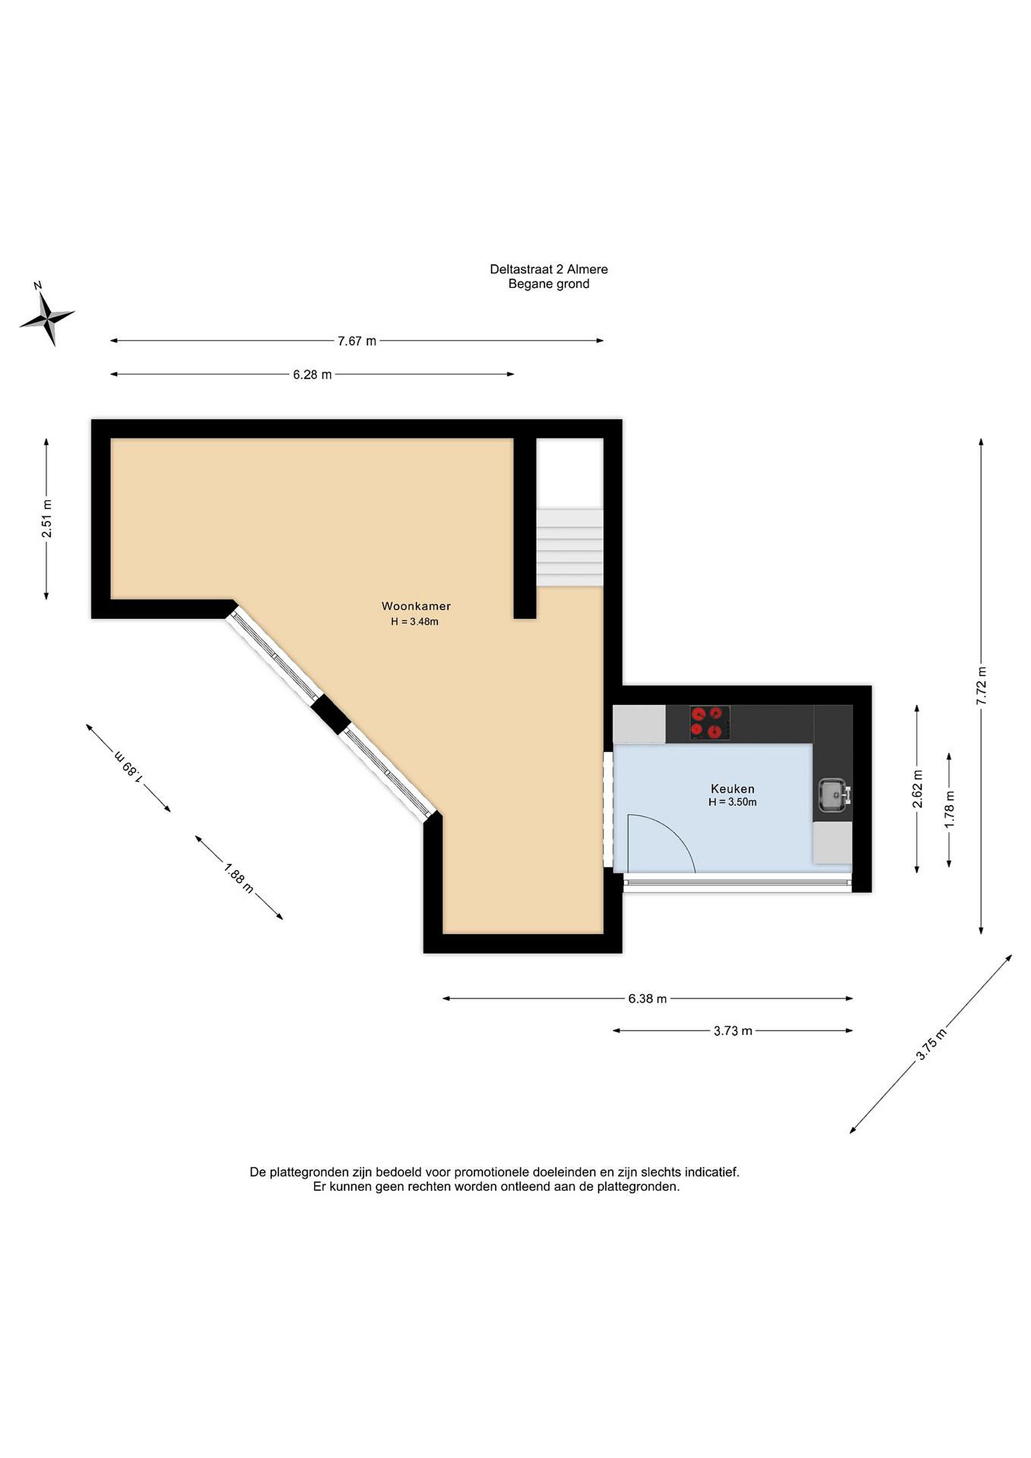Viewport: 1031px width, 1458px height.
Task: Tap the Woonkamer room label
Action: tap(416, 606)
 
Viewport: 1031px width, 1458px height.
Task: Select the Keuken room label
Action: tap(732, 789)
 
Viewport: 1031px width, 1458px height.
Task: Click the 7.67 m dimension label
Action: tap(357, 341)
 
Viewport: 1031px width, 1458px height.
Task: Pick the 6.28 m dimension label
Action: tap(312, 375)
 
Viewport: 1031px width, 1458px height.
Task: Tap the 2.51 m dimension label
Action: tap(47, 519)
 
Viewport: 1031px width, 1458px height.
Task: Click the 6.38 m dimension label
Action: tap(647, 999)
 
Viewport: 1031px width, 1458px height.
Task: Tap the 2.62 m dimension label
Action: tap(917, 789)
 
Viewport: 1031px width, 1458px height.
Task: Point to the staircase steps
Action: tap(569, 547)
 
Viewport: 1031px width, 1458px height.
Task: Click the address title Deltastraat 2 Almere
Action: tap(549, 269)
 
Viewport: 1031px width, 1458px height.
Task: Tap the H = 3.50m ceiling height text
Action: tap(732, 802)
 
